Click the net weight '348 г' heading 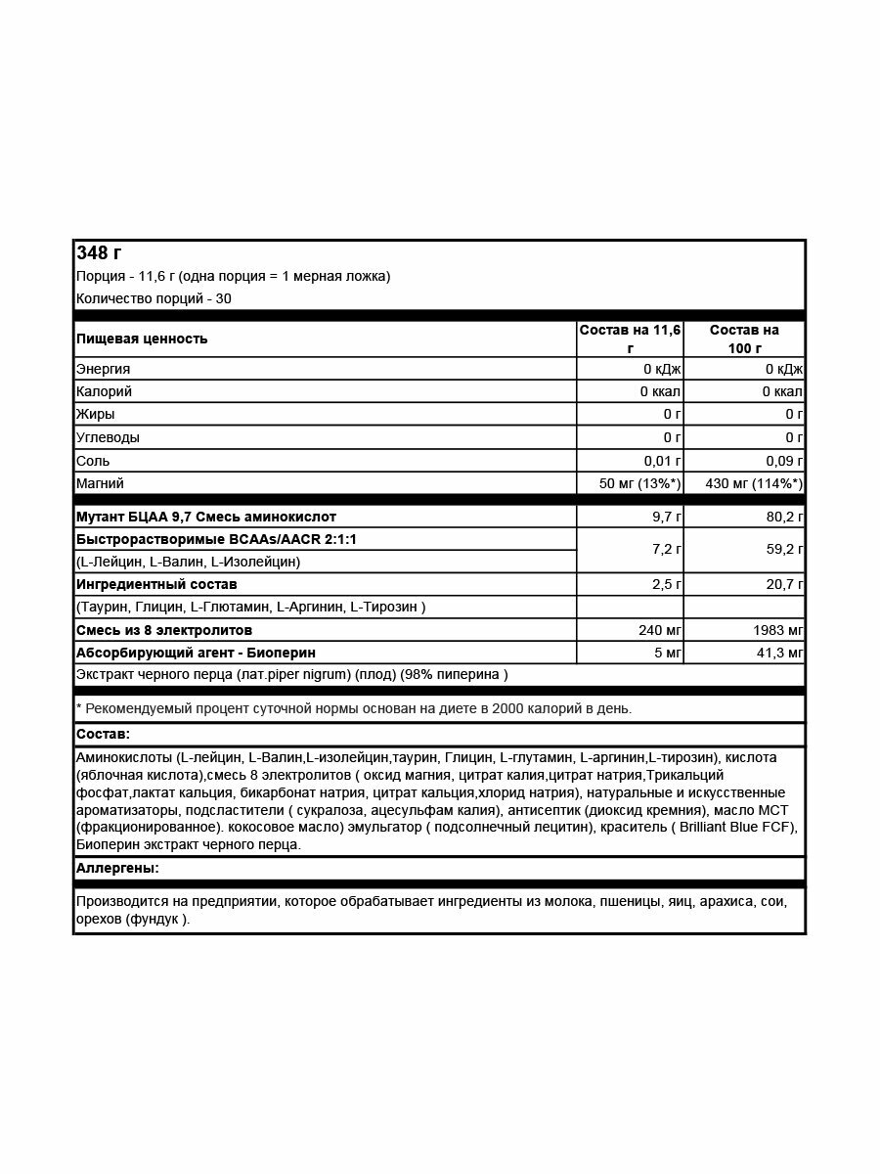click(99, 253)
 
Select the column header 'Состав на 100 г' click(744, 339)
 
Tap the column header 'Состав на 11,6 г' click(630, 339)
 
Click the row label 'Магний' click(100, 483)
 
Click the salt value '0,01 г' click(662, 461)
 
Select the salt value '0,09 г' click(784, 461)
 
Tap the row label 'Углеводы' click(108, 437)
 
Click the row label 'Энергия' click(103, 369)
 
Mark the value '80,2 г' click(782, 517)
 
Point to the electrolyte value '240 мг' click(658, 630)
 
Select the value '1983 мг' click(778, 630)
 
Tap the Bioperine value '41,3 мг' click(778, 653)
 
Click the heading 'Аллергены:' click(117, 868)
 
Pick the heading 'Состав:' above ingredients click(103, 734)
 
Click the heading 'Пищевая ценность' click(142, 339)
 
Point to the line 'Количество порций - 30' click(154, 298)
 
